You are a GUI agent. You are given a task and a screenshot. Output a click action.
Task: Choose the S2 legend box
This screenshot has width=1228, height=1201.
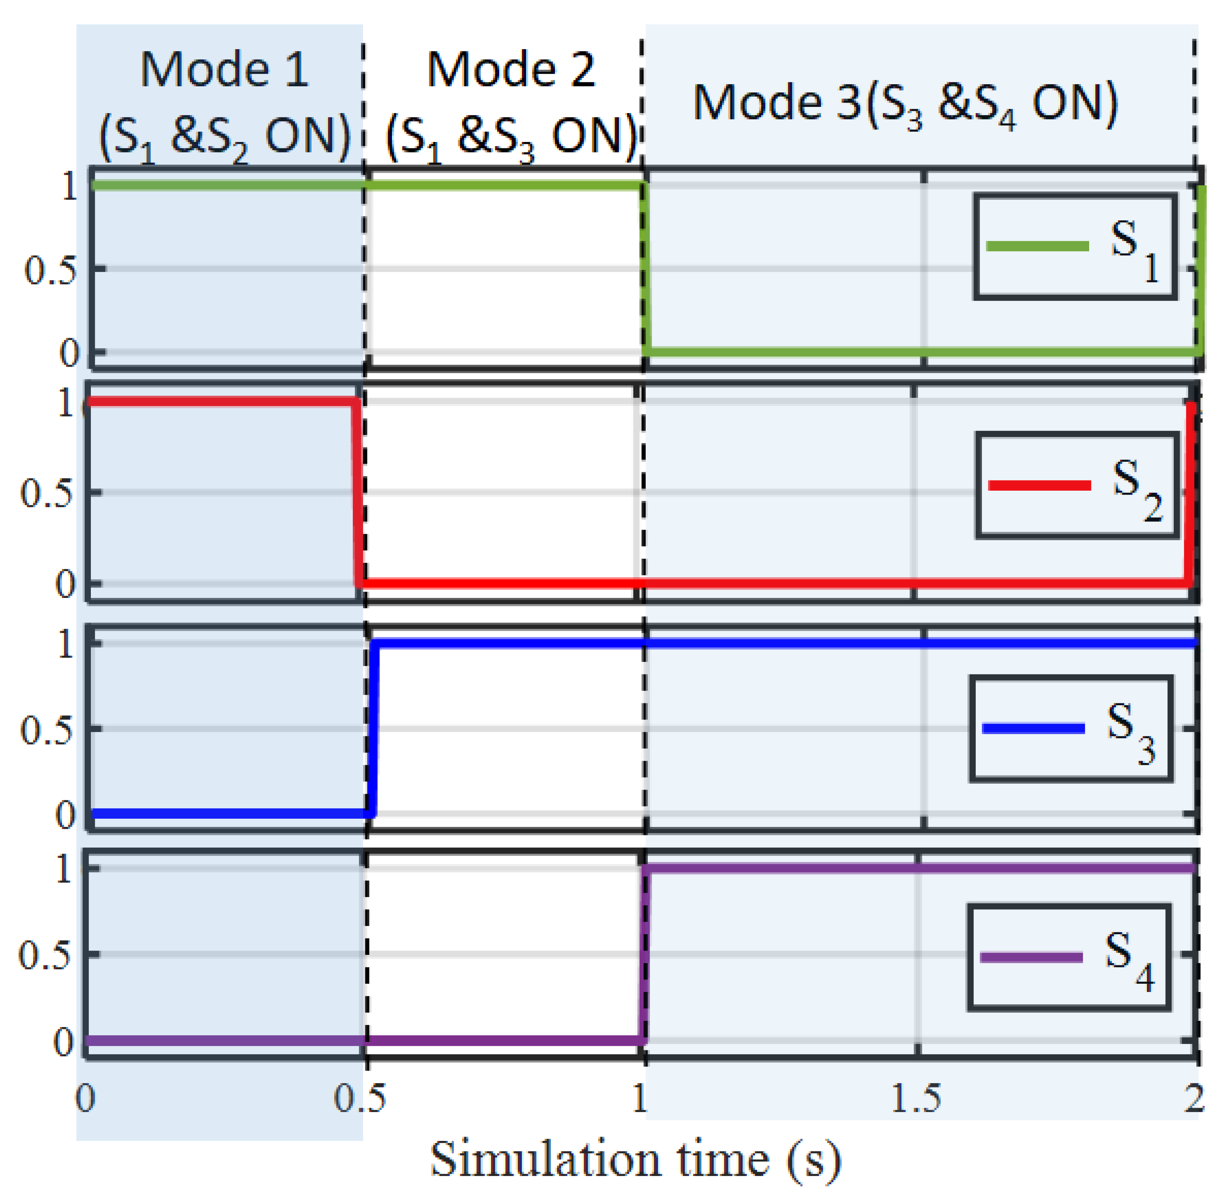click(1077, 485)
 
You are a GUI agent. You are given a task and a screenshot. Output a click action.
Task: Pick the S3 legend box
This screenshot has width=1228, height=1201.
click(1071, 729)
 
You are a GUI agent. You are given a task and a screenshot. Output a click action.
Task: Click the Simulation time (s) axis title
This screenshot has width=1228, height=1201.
click(635, 1159)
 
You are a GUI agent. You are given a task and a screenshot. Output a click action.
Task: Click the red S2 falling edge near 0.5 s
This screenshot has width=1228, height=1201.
click(357, 492)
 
